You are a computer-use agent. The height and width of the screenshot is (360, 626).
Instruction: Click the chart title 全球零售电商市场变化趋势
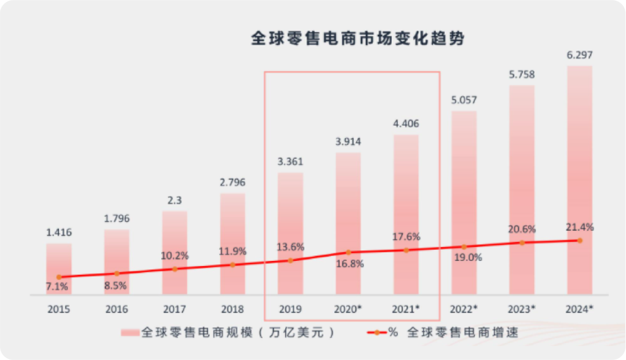click(358, 39)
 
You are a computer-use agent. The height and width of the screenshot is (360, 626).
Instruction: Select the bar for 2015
click(59, 268)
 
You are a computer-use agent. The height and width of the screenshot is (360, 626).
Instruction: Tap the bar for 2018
click(232, 243)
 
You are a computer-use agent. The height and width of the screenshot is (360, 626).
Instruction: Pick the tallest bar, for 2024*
click(580, 180)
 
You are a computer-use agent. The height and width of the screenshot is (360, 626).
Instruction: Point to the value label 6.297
click(580, 55)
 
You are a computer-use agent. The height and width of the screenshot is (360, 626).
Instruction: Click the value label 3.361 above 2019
click(290, 162)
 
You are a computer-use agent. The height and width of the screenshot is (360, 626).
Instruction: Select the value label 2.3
click(174, 200)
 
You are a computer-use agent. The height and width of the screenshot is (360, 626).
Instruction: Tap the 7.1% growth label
click(57, 286)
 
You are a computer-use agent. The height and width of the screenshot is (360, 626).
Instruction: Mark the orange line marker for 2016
click(117, 273)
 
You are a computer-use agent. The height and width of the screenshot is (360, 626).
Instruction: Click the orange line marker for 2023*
click(522, 242)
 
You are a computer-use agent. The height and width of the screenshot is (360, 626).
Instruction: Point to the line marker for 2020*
click(348, 252)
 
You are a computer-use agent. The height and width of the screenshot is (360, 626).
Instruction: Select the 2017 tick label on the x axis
click(174, 310)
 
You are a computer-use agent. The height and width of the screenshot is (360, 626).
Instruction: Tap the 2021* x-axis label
click(406, 310)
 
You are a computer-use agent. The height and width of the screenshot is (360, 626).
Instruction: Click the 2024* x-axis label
click(580, 310)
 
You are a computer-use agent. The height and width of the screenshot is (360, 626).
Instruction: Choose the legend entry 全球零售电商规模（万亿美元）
click(229, 333)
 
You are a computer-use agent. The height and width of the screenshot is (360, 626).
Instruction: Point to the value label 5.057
click(464, 100)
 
